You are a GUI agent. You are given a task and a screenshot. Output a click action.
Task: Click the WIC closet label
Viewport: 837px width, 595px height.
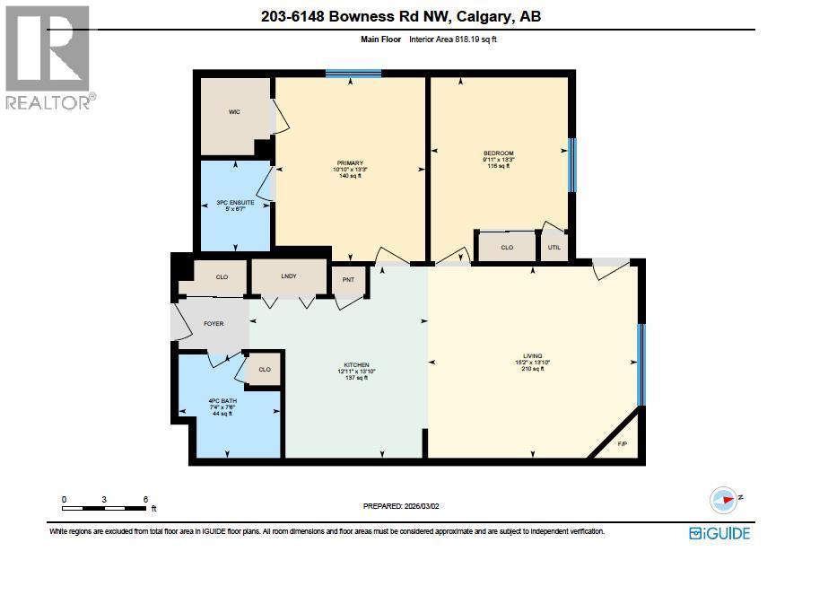234,112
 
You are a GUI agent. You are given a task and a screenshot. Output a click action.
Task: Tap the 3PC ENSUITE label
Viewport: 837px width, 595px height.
235,203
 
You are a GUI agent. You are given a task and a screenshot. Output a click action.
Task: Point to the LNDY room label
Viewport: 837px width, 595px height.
289,276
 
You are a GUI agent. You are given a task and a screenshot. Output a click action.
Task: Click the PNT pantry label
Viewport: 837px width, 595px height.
349,279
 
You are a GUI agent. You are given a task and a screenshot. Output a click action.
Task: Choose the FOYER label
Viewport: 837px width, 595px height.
213,323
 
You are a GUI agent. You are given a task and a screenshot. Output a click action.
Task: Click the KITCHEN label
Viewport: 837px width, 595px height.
353,365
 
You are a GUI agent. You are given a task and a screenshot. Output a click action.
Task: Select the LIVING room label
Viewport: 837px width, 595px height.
533,356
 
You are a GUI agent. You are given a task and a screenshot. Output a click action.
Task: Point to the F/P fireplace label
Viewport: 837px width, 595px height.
623,443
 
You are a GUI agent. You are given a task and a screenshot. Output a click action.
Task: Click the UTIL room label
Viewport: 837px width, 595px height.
554,247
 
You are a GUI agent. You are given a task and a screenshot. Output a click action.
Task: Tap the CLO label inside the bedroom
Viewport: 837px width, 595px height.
507,247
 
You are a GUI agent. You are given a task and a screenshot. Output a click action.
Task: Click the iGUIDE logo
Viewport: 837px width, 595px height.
719,533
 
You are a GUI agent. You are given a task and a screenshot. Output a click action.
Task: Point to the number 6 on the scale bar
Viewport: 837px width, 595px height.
144,499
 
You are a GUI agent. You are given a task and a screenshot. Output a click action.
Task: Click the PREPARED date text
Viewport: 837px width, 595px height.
401,506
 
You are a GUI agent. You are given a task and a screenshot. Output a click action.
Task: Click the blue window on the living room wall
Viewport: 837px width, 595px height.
641,364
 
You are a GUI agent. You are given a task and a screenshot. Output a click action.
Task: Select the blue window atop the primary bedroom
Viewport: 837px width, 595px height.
353,74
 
